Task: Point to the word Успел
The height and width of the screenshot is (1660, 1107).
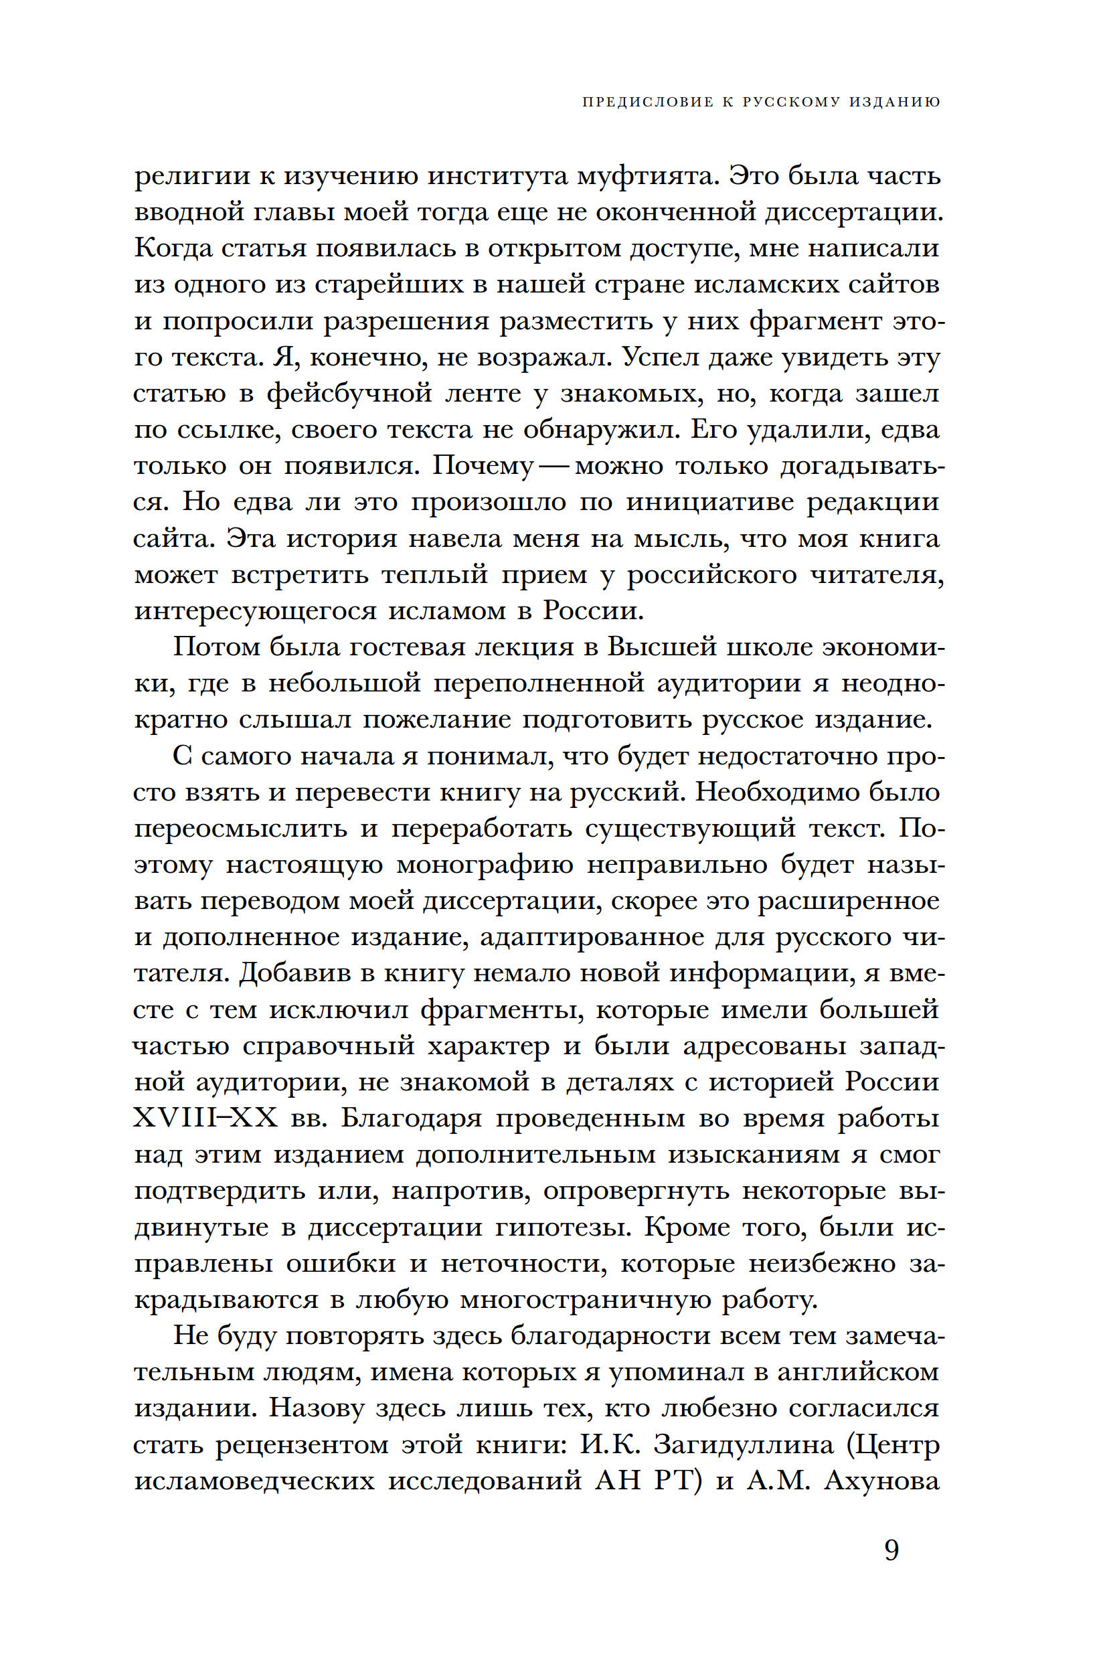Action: tap(657, 357)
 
